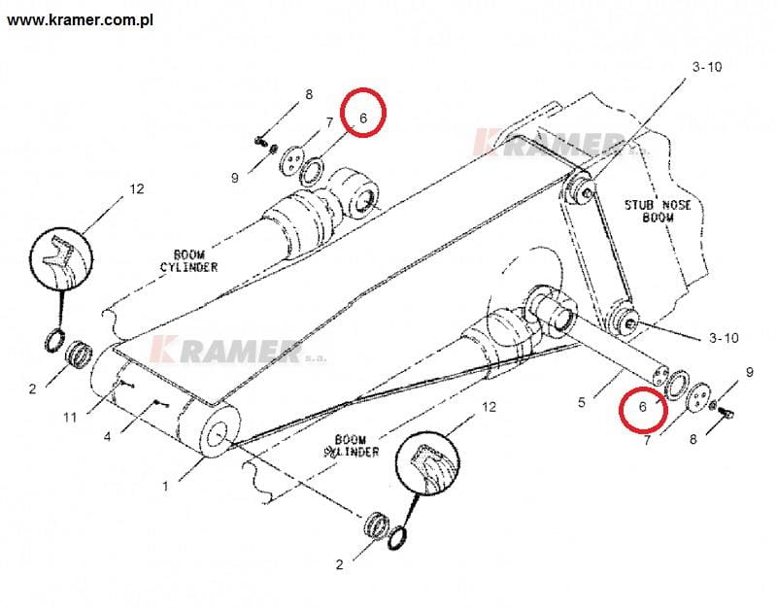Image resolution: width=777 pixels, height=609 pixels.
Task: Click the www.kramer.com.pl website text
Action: click(x=80, y=20)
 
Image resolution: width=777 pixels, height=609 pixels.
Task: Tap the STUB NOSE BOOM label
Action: click(x=658, y=211)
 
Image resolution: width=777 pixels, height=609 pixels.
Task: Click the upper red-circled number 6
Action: click(x=362, y=118)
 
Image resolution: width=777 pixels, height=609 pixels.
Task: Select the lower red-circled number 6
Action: click(x=643, y=407)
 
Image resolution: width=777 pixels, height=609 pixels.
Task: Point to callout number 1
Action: click(x=165, y=486)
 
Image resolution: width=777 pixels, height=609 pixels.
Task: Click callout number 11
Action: click(x=70, y=418)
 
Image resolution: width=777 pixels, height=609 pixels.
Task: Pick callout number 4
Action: click(x=107, y=437)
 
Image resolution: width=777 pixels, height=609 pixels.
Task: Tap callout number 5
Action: click(x=582, y=401)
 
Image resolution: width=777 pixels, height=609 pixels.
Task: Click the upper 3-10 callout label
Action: click(x=707, y=66)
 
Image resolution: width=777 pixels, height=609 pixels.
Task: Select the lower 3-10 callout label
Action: click(x=724, y=338)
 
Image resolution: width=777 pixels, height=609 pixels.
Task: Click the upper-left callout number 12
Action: click(x=137, y=188)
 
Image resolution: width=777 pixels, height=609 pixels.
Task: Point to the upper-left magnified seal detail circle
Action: click(x=61, y=258)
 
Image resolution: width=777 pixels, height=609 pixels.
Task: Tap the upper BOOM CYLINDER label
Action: click(x=188, y=261)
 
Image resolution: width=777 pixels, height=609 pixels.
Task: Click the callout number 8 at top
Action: click(x=309, y=94)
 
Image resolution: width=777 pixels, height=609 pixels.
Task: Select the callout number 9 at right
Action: click(x=749, y=372)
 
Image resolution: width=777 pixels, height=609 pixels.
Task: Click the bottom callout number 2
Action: click(x=339, y=564)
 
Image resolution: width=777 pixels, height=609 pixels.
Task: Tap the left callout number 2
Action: click(x=33, y=389)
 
